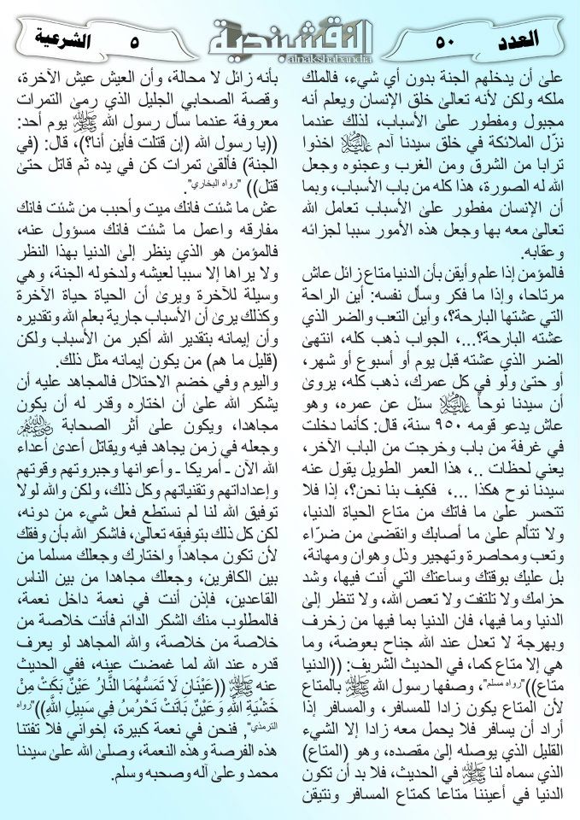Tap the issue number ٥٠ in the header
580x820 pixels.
click(445, 39)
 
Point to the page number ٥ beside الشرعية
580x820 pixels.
click(135, 39)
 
